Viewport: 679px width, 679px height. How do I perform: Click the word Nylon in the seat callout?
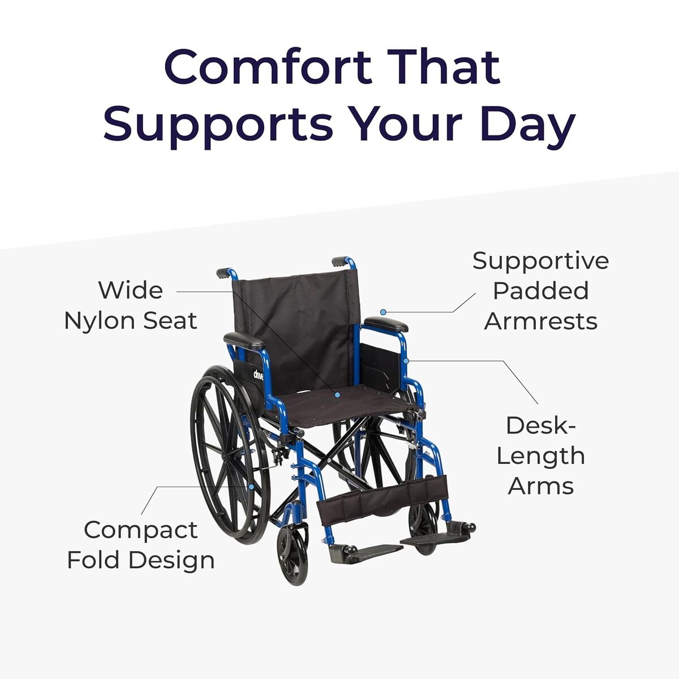pos(99,321)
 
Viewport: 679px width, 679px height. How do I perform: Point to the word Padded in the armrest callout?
pos(540,291)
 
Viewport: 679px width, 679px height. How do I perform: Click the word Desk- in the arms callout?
pos(540,426)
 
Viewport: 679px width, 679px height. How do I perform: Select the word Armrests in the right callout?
pos(540,321)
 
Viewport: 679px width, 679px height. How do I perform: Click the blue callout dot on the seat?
pos(337,394)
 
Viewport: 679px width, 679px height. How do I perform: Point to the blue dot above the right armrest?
pos(383,312)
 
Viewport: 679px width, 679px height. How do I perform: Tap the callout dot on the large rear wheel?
pos(251,486)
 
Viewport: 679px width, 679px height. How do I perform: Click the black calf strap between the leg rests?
pos(382,498)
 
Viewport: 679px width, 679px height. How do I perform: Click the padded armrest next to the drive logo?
pos(244,341)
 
